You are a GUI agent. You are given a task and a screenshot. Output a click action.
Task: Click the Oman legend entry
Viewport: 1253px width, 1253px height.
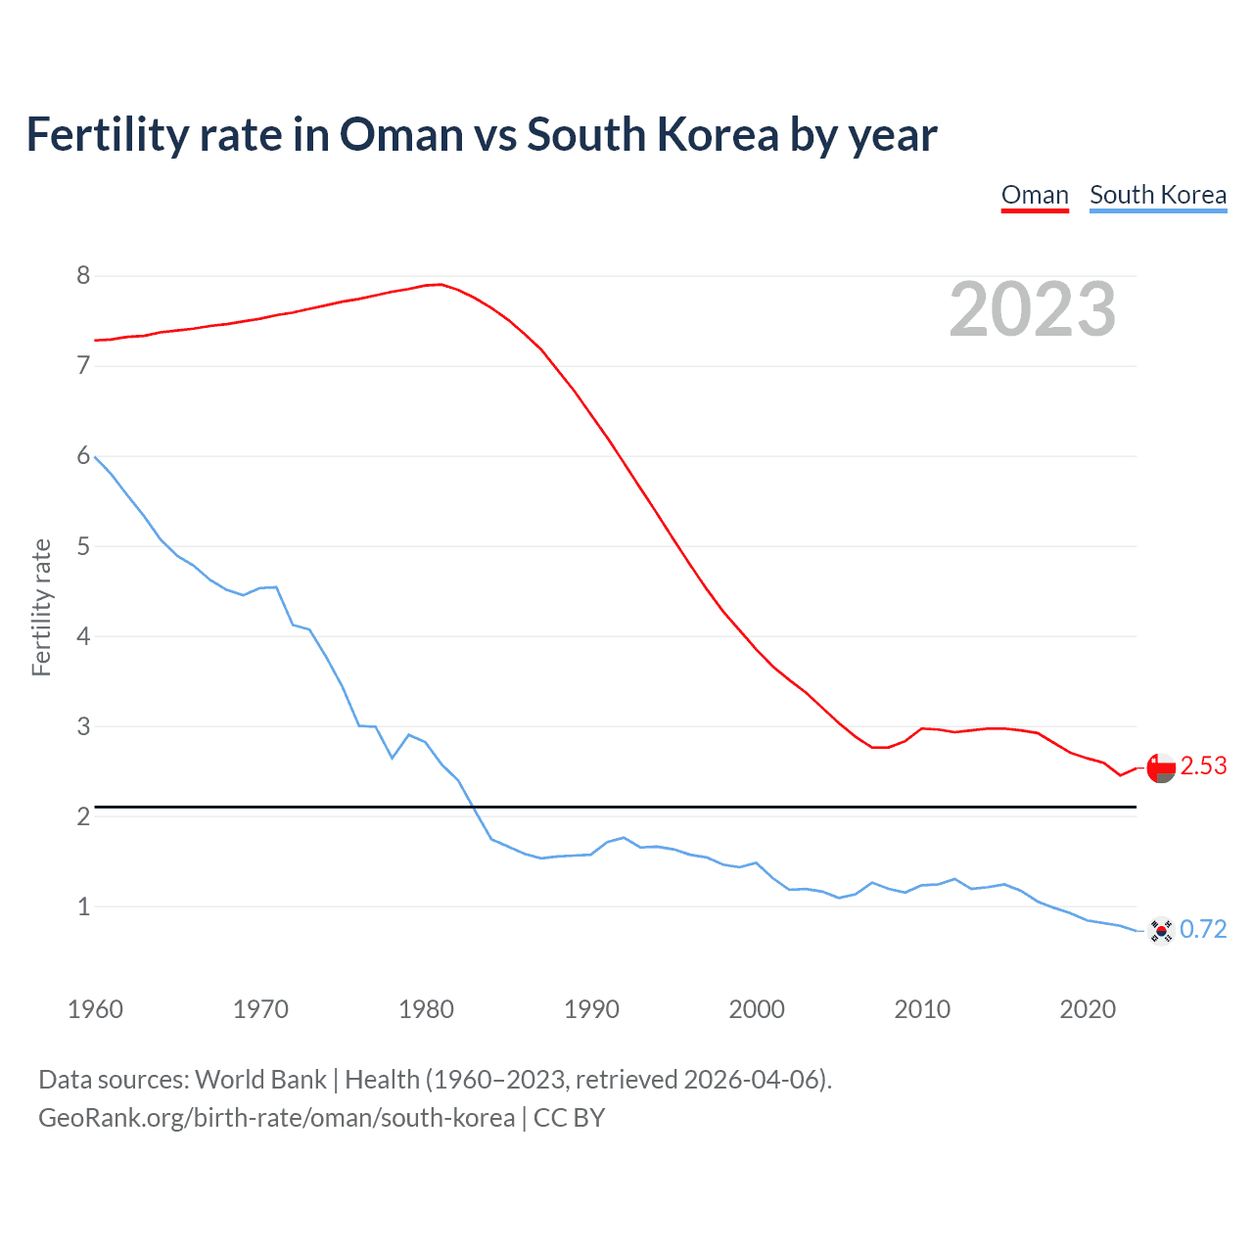coord(1035,195)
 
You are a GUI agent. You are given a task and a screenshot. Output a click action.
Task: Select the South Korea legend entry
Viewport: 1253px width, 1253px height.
coord(1158,195)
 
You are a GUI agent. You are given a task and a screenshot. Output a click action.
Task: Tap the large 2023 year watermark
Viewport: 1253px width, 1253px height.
coord(1033,309)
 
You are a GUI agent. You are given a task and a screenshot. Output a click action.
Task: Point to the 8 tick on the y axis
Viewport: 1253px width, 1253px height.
coord(83,276)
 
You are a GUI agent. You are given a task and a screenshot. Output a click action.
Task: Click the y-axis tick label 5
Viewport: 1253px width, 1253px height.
coord(83,546)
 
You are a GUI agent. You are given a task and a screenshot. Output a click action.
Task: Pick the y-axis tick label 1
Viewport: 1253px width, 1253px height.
coord(83,906)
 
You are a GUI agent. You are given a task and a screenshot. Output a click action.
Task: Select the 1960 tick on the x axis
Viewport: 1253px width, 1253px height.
coord(95,1009)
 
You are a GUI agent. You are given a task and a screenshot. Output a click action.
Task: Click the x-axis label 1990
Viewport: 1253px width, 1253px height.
coord(591,1009)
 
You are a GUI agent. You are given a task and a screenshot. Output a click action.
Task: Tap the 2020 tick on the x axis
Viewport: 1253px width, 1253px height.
coord(1088,1009)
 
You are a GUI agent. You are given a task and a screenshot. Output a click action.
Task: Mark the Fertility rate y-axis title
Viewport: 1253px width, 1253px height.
coord(41,607)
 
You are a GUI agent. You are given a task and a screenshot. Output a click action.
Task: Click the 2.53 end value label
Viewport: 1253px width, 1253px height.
coord(1203,766)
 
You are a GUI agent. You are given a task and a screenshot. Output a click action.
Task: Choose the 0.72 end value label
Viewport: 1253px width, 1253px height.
coord(1203,929)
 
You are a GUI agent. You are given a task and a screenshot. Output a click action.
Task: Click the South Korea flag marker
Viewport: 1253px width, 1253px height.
coord(1161,931)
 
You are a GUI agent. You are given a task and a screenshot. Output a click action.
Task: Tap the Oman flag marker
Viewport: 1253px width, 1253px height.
coord(1161,768)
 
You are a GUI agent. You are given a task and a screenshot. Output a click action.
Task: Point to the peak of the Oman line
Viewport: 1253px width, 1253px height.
coord(441,284)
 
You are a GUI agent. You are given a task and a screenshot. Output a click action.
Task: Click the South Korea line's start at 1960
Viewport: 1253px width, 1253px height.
coord(95,456)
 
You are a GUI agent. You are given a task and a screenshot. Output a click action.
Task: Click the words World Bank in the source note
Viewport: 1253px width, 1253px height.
coord(260,1080)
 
